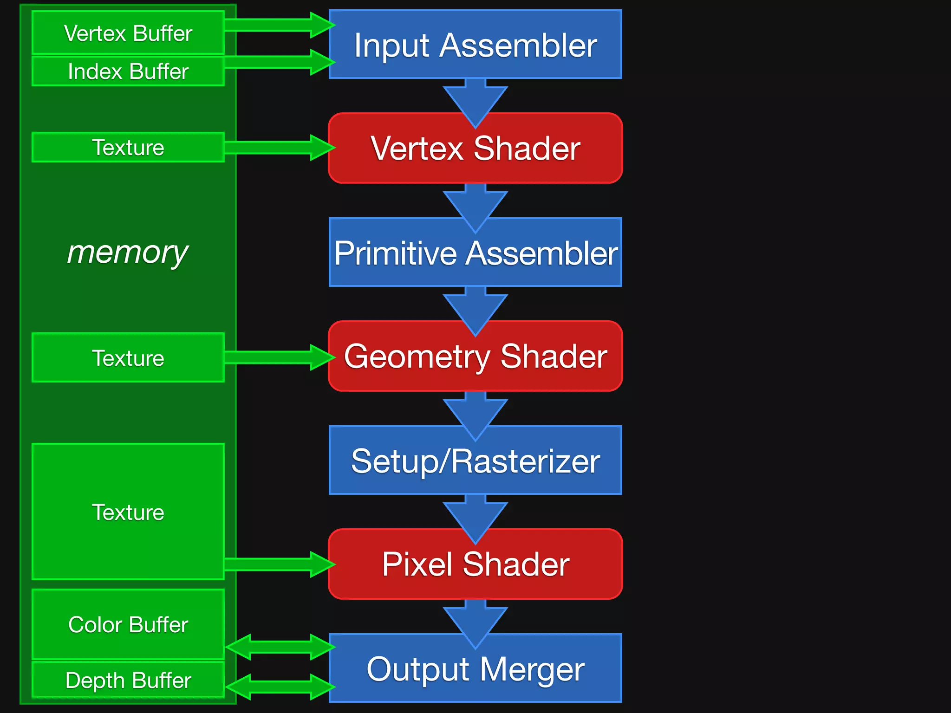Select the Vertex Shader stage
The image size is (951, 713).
(475, 149)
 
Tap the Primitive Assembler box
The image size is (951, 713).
(475, 253)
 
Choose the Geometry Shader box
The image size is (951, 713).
(475, 356)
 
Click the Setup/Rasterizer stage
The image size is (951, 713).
(475, 460)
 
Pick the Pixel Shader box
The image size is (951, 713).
(475, 564)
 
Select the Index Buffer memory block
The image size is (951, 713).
(128, 71)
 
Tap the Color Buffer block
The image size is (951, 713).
(128, 624)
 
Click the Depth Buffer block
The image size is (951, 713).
(128, 681)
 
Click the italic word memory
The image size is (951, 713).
(128, 253)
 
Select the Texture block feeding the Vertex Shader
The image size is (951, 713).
(128, 148)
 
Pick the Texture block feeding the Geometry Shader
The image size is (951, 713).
(128, 358)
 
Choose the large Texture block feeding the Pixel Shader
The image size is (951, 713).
(128, 512)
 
